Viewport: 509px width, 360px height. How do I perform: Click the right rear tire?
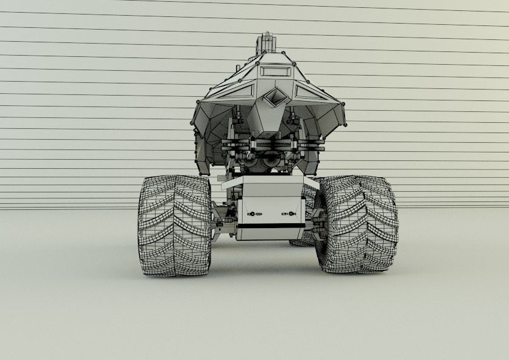point(359,224)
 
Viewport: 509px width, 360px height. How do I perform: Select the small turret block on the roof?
point(266,43)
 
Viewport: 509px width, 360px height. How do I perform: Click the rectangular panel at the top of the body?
point(274,71)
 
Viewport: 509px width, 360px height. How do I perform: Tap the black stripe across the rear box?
point(271,225)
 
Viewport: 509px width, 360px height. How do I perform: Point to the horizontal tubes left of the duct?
point(236,145)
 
